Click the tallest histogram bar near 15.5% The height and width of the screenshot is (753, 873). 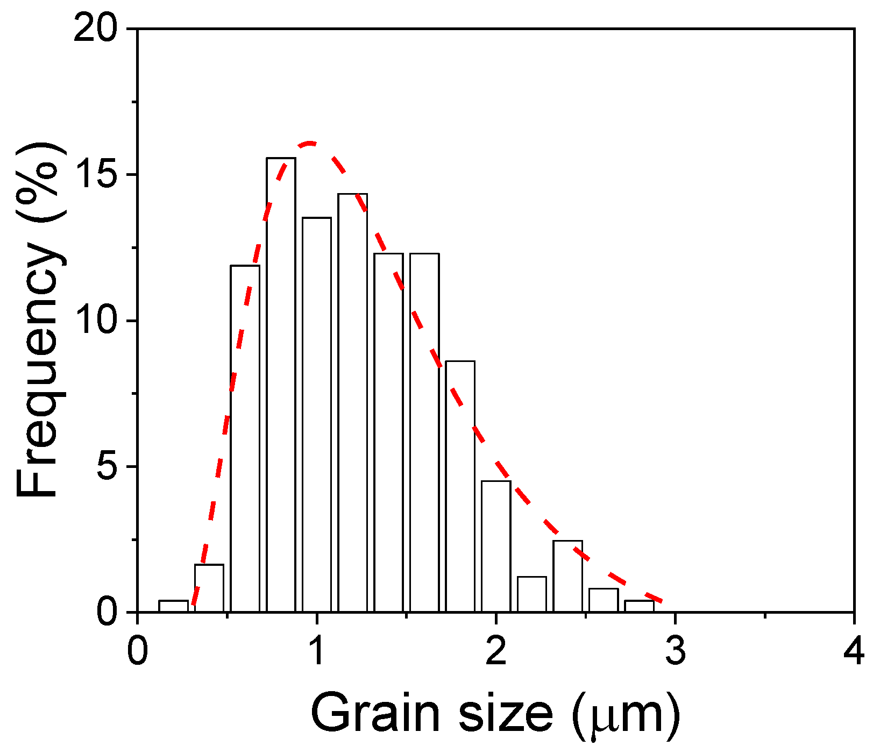tap(281, 385)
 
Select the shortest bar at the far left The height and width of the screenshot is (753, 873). tap(173, 606)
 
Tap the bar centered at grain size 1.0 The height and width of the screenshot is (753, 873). tap(317, 414)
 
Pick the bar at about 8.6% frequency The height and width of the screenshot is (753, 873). tap(460, 487)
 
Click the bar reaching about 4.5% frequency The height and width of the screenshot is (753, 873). tap(496, 546)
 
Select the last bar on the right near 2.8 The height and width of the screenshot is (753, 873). tap(639, 606)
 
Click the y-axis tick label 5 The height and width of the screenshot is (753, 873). tap(107, 467)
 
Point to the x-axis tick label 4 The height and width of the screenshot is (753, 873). tap(854, 650)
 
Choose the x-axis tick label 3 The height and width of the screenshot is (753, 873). tap(675, 650)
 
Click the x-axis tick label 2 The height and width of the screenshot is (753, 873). tap(496, 650)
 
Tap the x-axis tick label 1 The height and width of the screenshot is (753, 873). tap(317, 650)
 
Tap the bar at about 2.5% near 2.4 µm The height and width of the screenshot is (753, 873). tap(567, 576)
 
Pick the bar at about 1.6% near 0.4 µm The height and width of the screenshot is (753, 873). tap(209, 588)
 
